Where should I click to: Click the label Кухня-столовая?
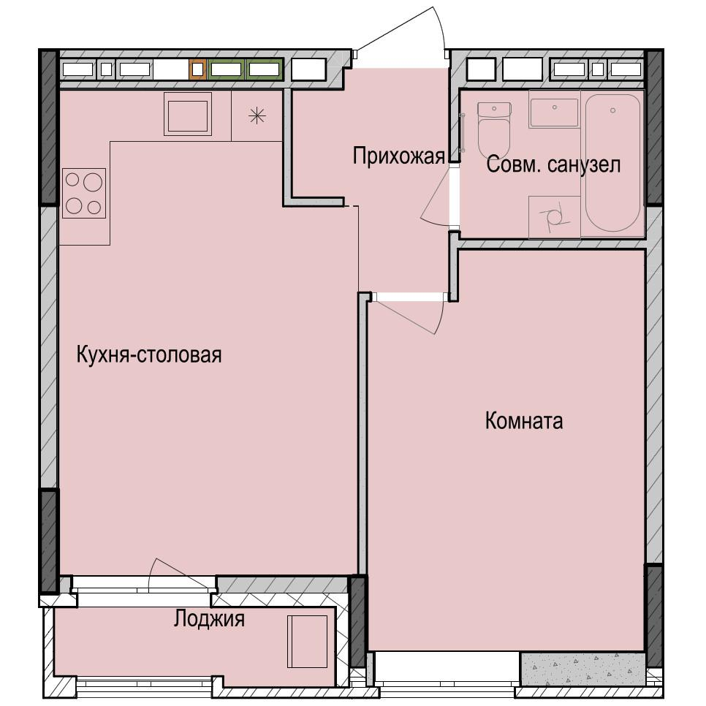pyautogui.click(x=149, y=355)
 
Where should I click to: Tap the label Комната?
pyautogui.click(x=523, y=421)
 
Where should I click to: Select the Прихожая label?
pyautogui.click(x=398, y=156)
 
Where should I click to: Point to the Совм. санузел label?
pyautogui.click(x=553, y=165)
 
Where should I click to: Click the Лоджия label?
pyautogui.click(x=209, y=620)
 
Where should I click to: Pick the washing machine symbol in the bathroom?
pyautogui.click(x=553, y=216)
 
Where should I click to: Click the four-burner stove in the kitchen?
pyautogui.click(x=83, y=193)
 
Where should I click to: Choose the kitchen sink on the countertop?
pyautogui.click(x=188, y=113)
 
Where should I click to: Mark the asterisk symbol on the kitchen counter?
pyautogui.click(x=257, y=115)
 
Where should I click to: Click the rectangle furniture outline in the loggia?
pyautogui.click(x=307, y=641)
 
